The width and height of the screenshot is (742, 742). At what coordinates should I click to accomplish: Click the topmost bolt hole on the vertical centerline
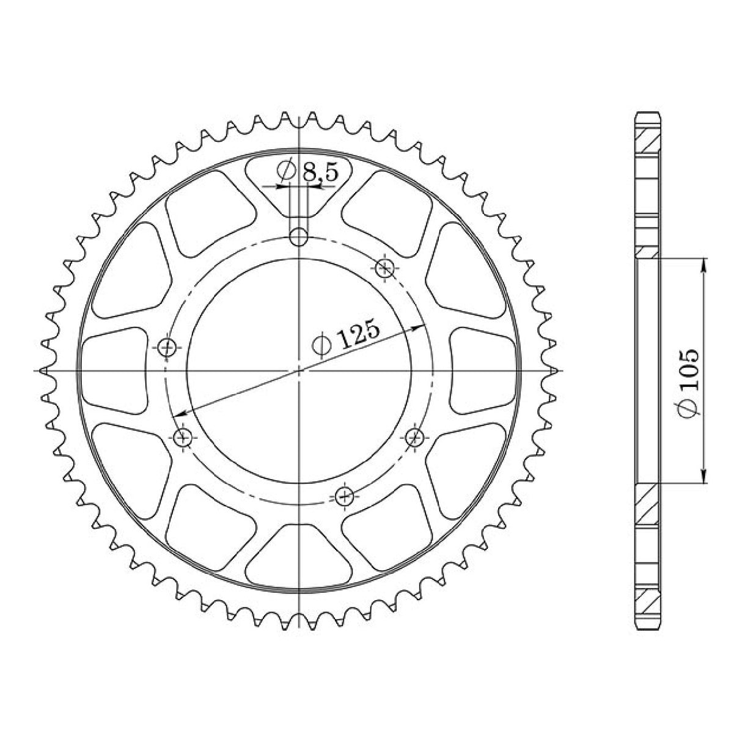299,237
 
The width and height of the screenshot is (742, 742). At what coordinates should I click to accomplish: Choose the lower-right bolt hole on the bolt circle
415,436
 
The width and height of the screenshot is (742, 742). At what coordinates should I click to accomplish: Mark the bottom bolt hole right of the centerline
346,495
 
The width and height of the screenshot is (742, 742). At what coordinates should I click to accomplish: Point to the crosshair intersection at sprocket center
299,370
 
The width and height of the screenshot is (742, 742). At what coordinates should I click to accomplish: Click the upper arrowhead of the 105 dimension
705,263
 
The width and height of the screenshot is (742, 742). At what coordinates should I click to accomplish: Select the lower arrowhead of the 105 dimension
705,479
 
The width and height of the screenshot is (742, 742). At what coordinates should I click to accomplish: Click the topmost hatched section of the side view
647,142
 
